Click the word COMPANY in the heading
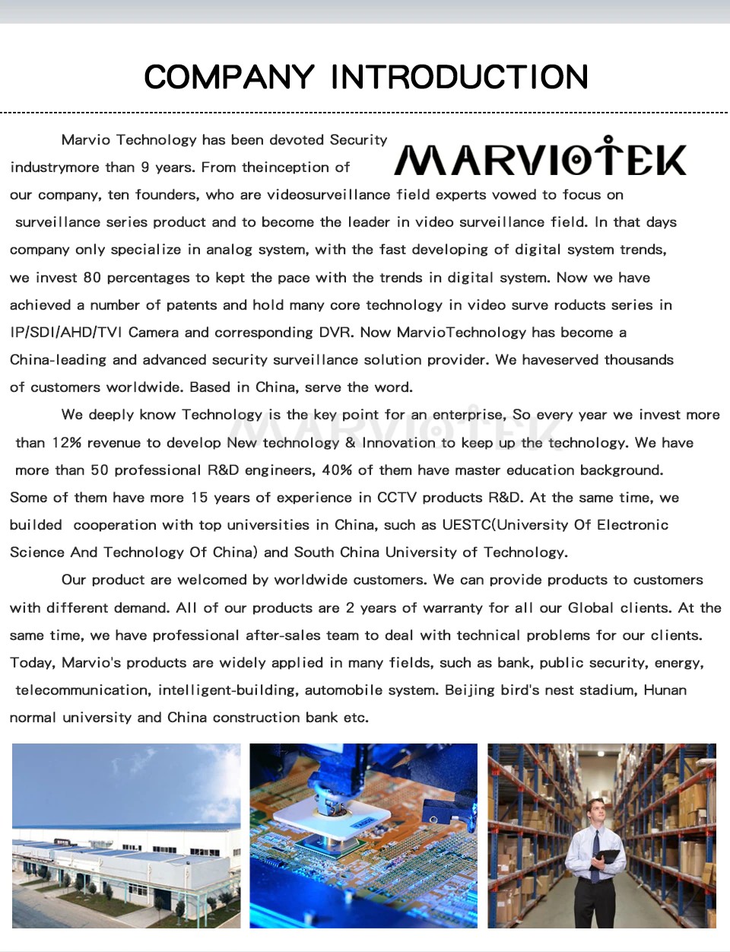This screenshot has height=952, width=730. pos(229,77)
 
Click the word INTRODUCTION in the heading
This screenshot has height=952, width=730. pos(459,77)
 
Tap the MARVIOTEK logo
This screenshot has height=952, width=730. pos(540,158)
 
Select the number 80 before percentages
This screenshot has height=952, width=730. pos(92,278)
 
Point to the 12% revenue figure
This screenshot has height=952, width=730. pos(67,443)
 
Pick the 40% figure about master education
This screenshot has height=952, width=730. pos(337,470)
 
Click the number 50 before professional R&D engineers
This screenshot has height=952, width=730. pos(100,470)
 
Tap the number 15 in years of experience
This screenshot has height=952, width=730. pos(199,498)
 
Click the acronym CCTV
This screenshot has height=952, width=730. pos(396,498)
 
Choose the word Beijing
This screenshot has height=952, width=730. pos(470,690)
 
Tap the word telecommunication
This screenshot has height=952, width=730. pos(82,690)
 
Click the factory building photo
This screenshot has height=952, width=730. pos(126,836)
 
